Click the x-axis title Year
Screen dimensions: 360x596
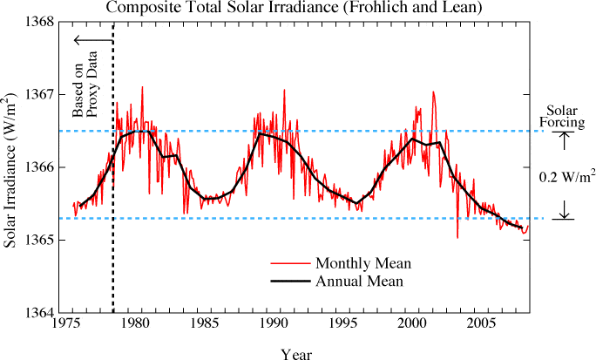click(x=297, y=353)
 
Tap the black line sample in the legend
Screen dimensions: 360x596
click(x=288, y=281)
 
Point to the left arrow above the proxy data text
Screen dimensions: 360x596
click(x=91, y=40)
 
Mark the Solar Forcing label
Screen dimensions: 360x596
click(x=564, y=116)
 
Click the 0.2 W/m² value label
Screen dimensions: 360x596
click(x=566, y=176)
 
